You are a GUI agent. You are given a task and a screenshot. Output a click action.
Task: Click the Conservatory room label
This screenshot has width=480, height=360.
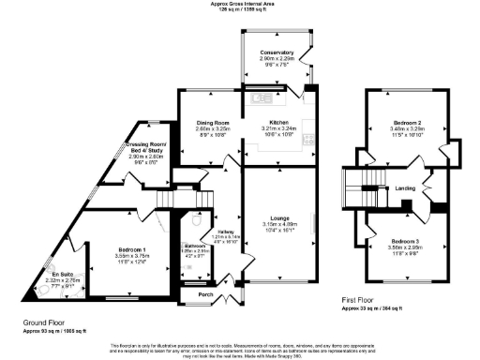(x=277, y=52)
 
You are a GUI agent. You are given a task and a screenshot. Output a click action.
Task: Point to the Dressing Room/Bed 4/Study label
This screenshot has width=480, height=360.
(x=145, y=147)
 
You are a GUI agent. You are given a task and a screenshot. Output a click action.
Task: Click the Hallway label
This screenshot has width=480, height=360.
(x=225, y=232)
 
